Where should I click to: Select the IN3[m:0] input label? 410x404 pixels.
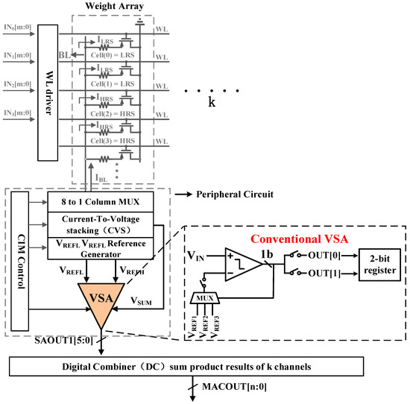click(x=16, y=113)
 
